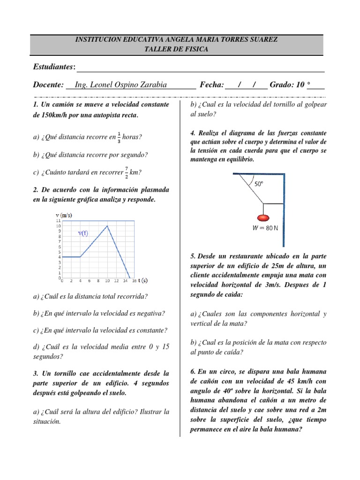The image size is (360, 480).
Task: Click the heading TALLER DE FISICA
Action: point(177,49)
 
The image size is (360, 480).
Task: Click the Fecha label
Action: point(212,85)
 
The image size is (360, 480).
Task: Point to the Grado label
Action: point(285,85)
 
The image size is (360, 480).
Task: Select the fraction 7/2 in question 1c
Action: point(127,172)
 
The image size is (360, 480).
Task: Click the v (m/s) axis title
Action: point(64,215)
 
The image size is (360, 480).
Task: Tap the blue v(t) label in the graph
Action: point(83,233)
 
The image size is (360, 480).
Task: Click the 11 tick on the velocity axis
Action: point(58,220)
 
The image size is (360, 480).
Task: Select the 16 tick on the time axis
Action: point(135,281)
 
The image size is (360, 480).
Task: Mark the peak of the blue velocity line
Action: point(108,226)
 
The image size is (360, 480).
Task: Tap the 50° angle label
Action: point(259,185)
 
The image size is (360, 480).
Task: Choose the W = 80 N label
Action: point(265,229)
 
